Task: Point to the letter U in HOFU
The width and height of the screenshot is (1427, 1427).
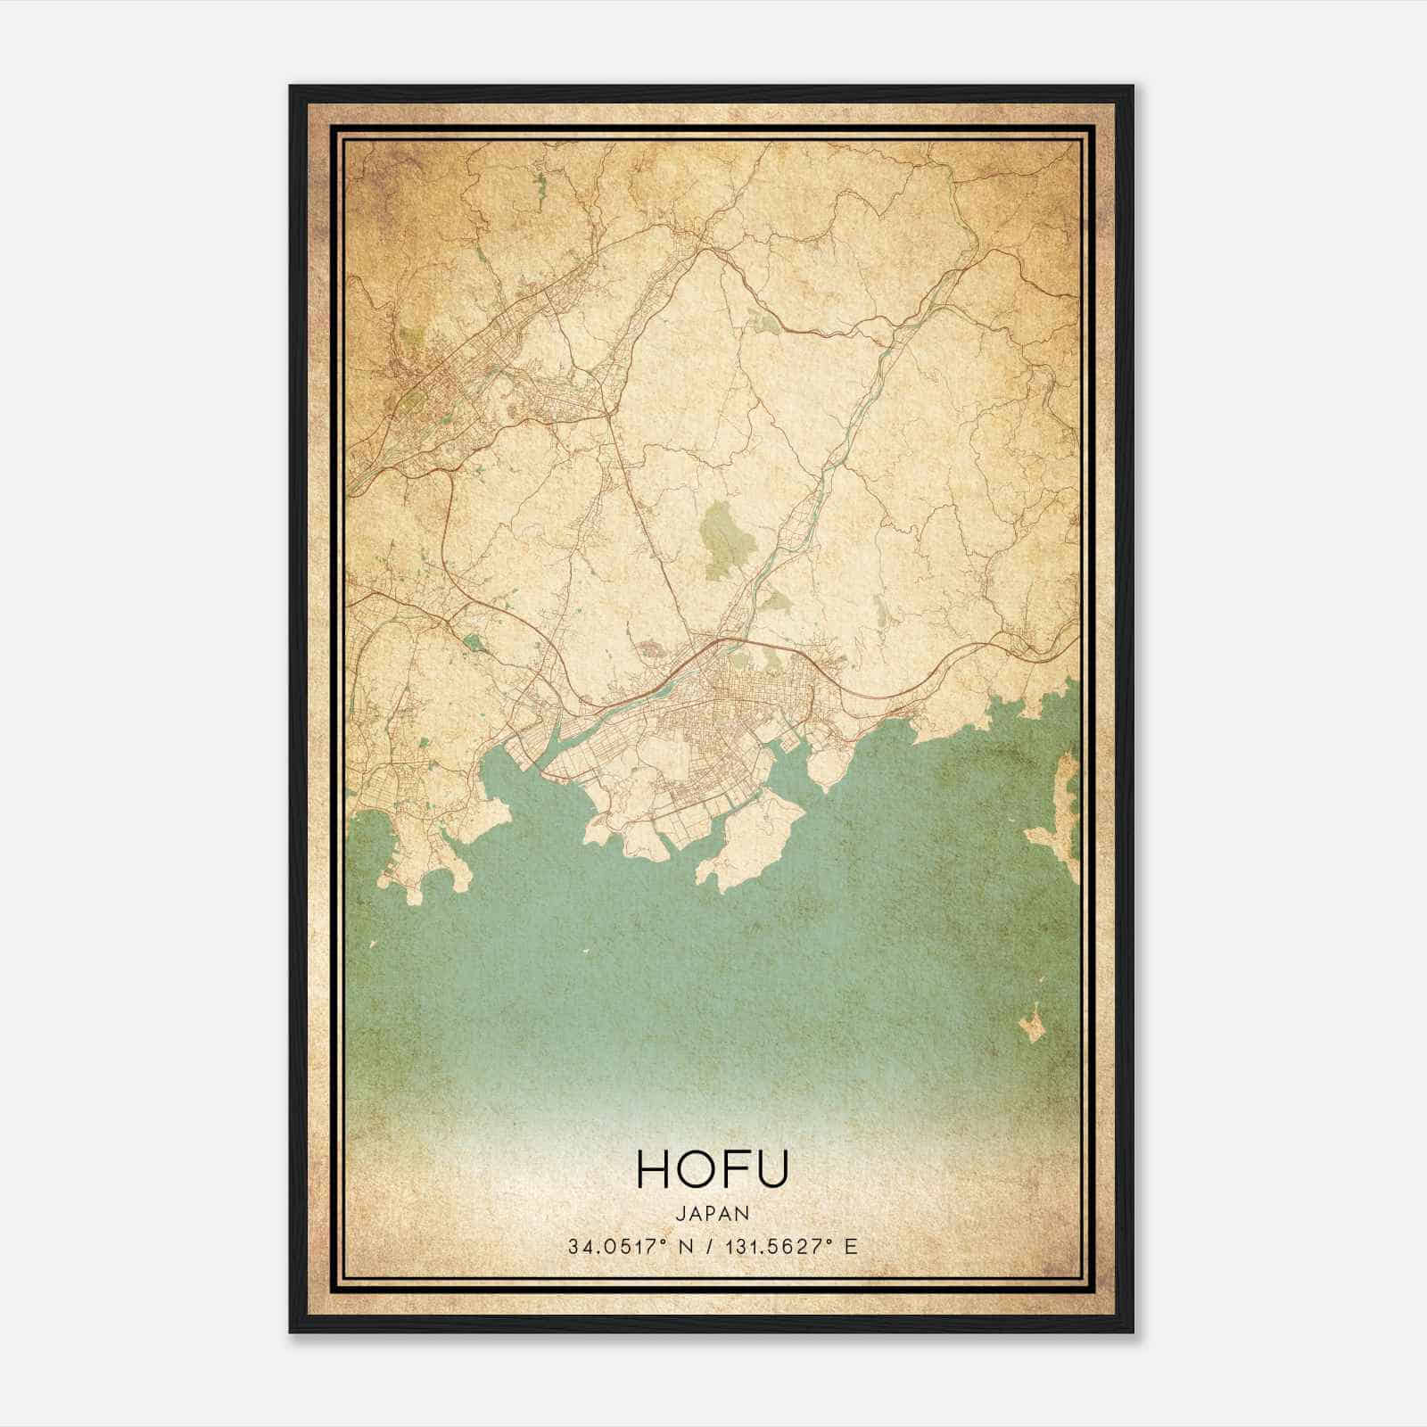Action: tap(772, 1169)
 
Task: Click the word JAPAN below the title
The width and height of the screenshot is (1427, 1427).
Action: tap(713, 1213)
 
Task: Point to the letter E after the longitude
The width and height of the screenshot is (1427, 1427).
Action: tap(851, 1247)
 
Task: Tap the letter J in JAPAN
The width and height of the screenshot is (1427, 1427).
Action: tap(681, 1213)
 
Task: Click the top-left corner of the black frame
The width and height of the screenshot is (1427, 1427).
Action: tap(292, 87)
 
